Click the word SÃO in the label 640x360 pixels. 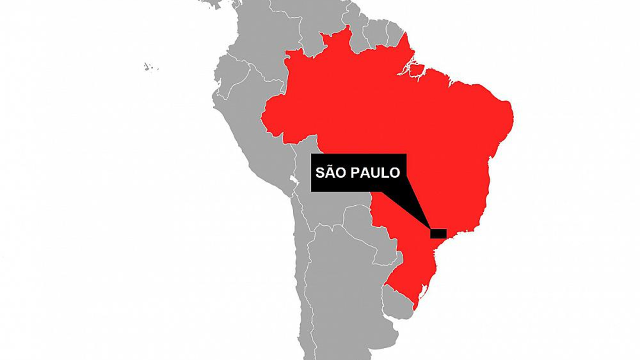pos(329,173)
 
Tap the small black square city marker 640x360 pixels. pos(438,233)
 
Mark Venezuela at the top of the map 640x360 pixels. pos(309,21)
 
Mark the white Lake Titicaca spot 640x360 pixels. pos(292,179)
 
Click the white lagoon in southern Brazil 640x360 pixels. pos(425,291)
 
